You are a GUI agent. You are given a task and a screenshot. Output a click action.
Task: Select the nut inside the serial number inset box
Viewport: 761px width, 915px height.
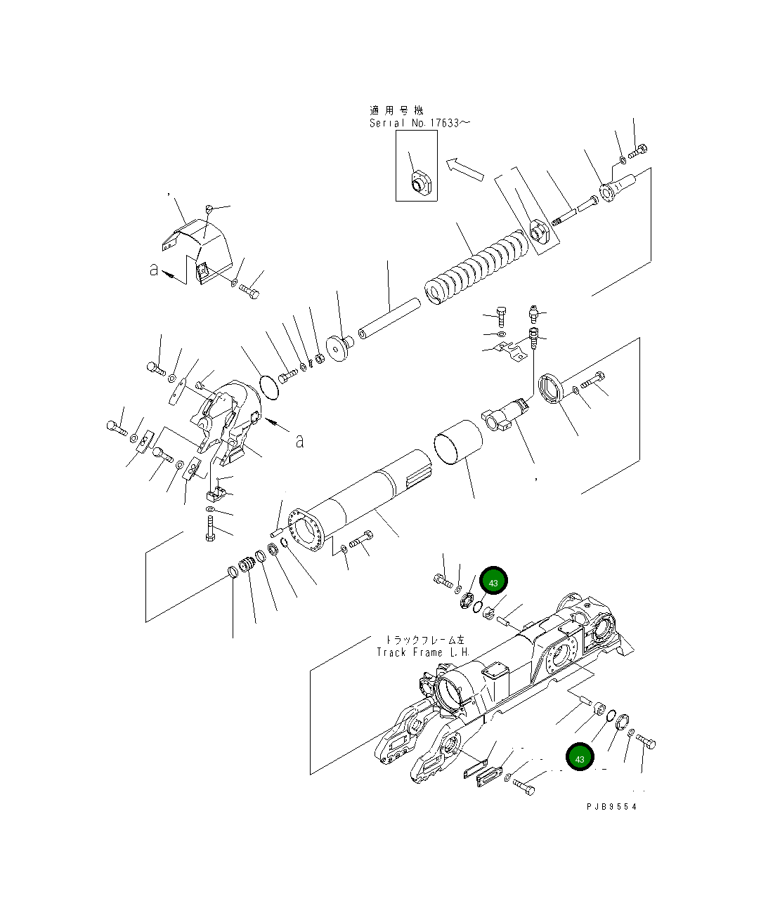[419, 183]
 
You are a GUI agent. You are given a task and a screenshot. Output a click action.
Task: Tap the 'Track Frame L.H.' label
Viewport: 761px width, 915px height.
[422, 652]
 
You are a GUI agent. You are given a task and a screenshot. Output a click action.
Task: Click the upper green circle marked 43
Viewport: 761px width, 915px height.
[493, 583]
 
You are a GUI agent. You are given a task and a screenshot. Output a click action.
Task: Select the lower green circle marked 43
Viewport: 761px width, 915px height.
[580, 758]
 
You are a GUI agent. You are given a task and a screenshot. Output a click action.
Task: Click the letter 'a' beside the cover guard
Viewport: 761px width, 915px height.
[154, 269]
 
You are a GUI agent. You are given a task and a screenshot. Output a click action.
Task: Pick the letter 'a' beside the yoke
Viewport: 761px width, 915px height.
[300, 441]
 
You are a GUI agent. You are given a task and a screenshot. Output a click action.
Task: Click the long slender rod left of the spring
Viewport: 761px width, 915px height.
[389, 316]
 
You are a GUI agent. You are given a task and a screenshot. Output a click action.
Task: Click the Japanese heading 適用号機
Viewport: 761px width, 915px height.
[397, 110]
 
